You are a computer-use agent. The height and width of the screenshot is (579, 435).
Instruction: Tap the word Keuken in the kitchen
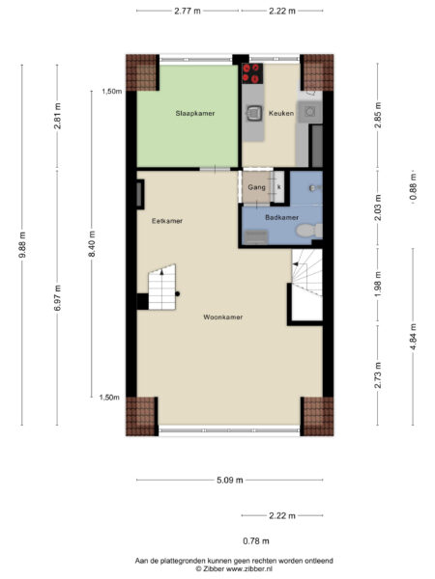[280, 113]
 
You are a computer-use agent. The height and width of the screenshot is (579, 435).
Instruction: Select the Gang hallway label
[256, 187]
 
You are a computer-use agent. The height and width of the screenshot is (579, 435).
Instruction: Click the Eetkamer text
[167, 221]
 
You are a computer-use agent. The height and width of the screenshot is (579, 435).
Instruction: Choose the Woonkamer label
[222, 317]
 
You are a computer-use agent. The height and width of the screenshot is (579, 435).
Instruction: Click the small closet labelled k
[278, 187]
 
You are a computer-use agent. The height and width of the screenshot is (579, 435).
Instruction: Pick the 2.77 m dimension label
[188, 10]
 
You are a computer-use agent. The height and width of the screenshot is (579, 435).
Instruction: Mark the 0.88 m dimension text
[414, 182]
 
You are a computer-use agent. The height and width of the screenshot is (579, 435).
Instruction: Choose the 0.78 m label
[255, 540]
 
